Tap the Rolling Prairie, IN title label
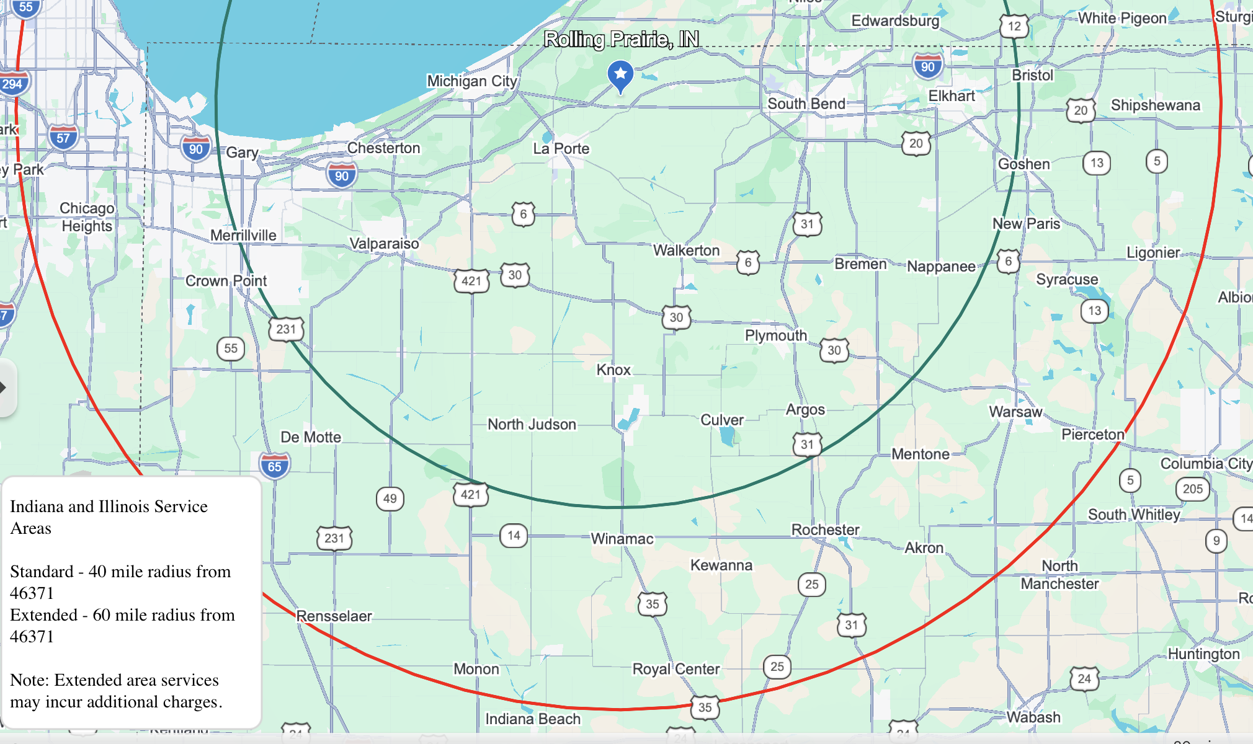pyautogui.click(x=621, y=40)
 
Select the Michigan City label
pyautogui.click(x=471, y=81)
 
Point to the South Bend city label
pyautogui.click(x=806, y=104)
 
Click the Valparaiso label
pyautogui.click(x=384, y=244)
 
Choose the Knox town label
pyautogui.click(x=613, y=370)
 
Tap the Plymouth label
pyautogui.click(x=775, y=335)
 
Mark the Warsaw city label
pyautogui.click(x=1015, y=412)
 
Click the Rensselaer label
pyautogui.click(x=334, y=616)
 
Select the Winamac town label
pyautogui.click(x=622, y=539)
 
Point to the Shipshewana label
pyautogui.click(x=1155, y=105)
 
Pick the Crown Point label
pyautogui.click(x=226, y=281)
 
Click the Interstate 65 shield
pyautogui.click(x=274, y=466)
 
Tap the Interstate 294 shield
pyautogui.click(x=12, y=84)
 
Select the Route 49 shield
pyautogui.click(x=390, y=498)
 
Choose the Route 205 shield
pyautogui.click(x=1192, y=489)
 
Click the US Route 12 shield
pyautogui.click(x=1014, y=26)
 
